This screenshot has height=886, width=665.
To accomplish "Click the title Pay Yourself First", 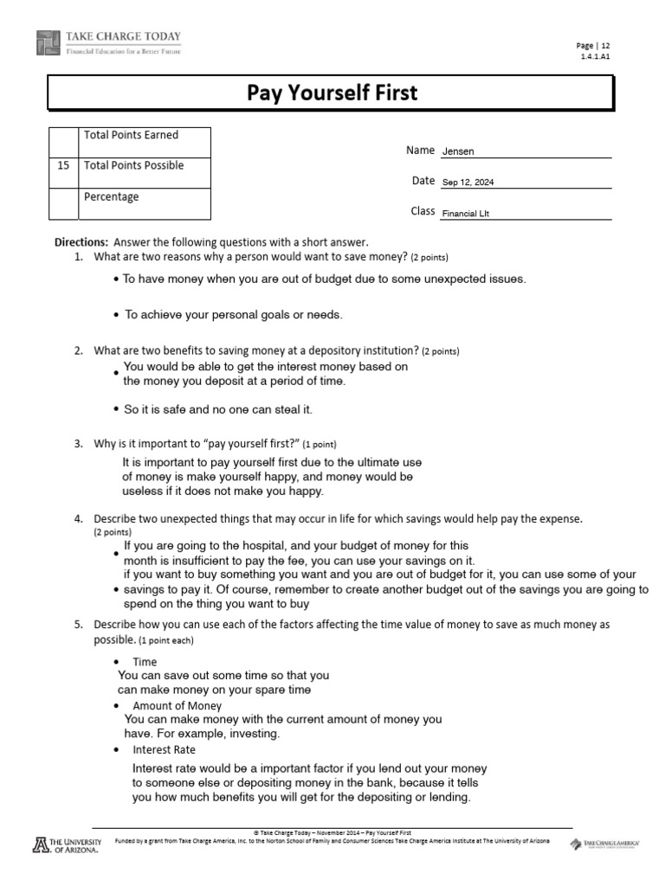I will [332, 92].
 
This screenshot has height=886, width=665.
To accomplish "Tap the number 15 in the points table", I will [63, 165].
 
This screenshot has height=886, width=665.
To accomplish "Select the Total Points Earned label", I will [131, 135].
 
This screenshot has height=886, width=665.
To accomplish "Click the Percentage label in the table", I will [111, 196].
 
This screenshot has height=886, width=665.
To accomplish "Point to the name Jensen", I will [458, 151].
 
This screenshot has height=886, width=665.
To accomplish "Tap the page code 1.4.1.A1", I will [595, 56].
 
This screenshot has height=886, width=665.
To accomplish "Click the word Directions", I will [81, 242].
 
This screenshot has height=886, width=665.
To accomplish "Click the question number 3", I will [78, 444].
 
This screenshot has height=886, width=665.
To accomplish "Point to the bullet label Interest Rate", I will [164, 749].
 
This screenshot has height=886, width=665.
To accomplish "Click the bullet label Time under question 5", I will [145, 662].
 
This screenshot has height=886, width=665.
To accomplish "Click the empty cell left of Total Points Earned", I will [63, 139].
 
